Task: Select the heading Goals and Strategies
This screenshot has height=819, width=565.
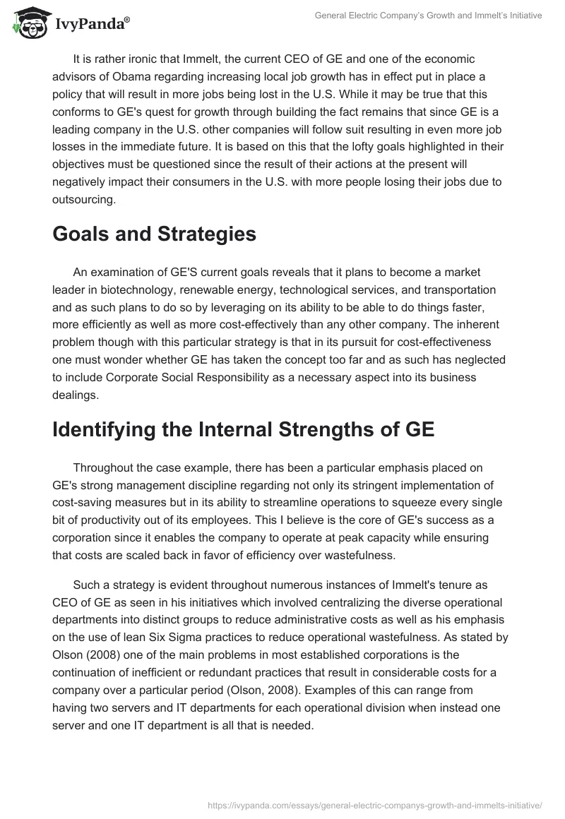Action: coord(154,234)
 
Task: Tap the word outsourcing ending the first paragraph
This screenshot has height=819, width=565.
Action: coord(83,200)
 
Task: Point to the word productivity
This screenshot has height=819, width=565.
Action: coord(112,521)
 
